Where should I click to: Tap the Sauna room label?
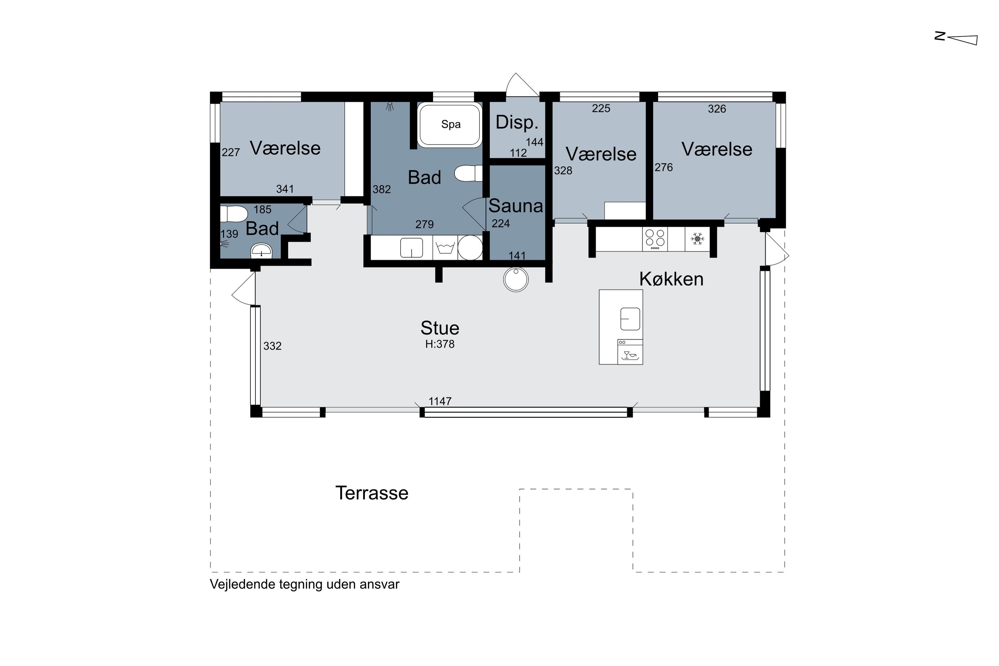coord(515,206)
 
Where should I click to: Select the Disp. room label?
coord(517,123)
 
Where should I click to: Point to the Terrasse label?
coord(372,493)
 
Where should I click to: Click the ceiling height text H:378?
coord(440,344)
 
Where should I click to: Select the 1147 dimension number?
coord(440,401)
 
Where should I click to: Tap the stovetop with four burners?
coord(655,239)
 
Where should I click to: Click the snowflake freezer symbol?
coord(697,239)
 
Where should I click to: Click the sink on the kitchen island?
coord(630,319)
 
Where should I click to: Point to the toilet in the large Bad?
coord(468,173)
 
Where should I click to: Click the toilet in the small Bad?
coord(234,214)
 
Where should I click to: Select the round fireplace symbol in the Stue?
coord(515,280)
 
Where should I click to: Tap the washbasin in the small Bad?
coord(261,251)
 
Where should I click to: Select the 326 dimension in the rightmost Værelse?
coord(717,109)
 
